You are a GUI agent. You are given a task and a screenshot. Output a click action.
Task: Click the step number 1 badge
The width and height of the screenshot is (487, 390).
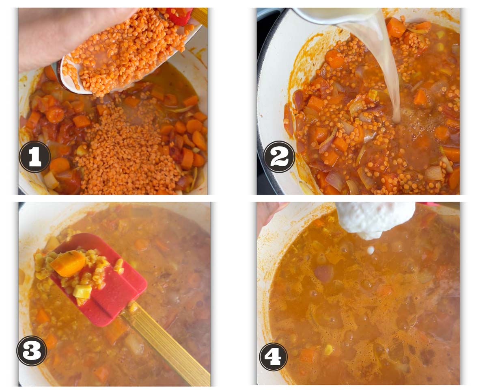35,157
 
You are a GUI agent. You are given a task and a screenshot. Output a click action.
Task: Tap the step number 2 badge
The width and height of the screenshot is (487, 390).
280,157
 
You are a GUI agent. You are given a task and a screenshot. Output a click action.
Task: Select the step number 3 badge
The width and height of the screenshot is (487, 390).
32,350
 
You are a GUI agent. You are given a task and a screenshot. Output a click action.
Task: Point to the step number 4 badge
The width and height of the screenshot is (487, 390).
273,356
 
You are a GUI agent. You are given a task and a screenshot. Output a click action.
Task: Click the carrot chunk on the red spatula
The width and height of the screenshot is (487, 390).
68,263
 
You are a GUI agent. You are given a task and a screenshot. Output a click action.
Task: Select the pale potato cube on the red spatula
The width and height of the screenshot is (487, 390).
82,291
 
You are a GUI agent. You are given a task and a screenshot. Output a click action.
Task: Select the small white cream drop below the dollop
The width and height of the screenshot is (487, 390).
371,250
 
